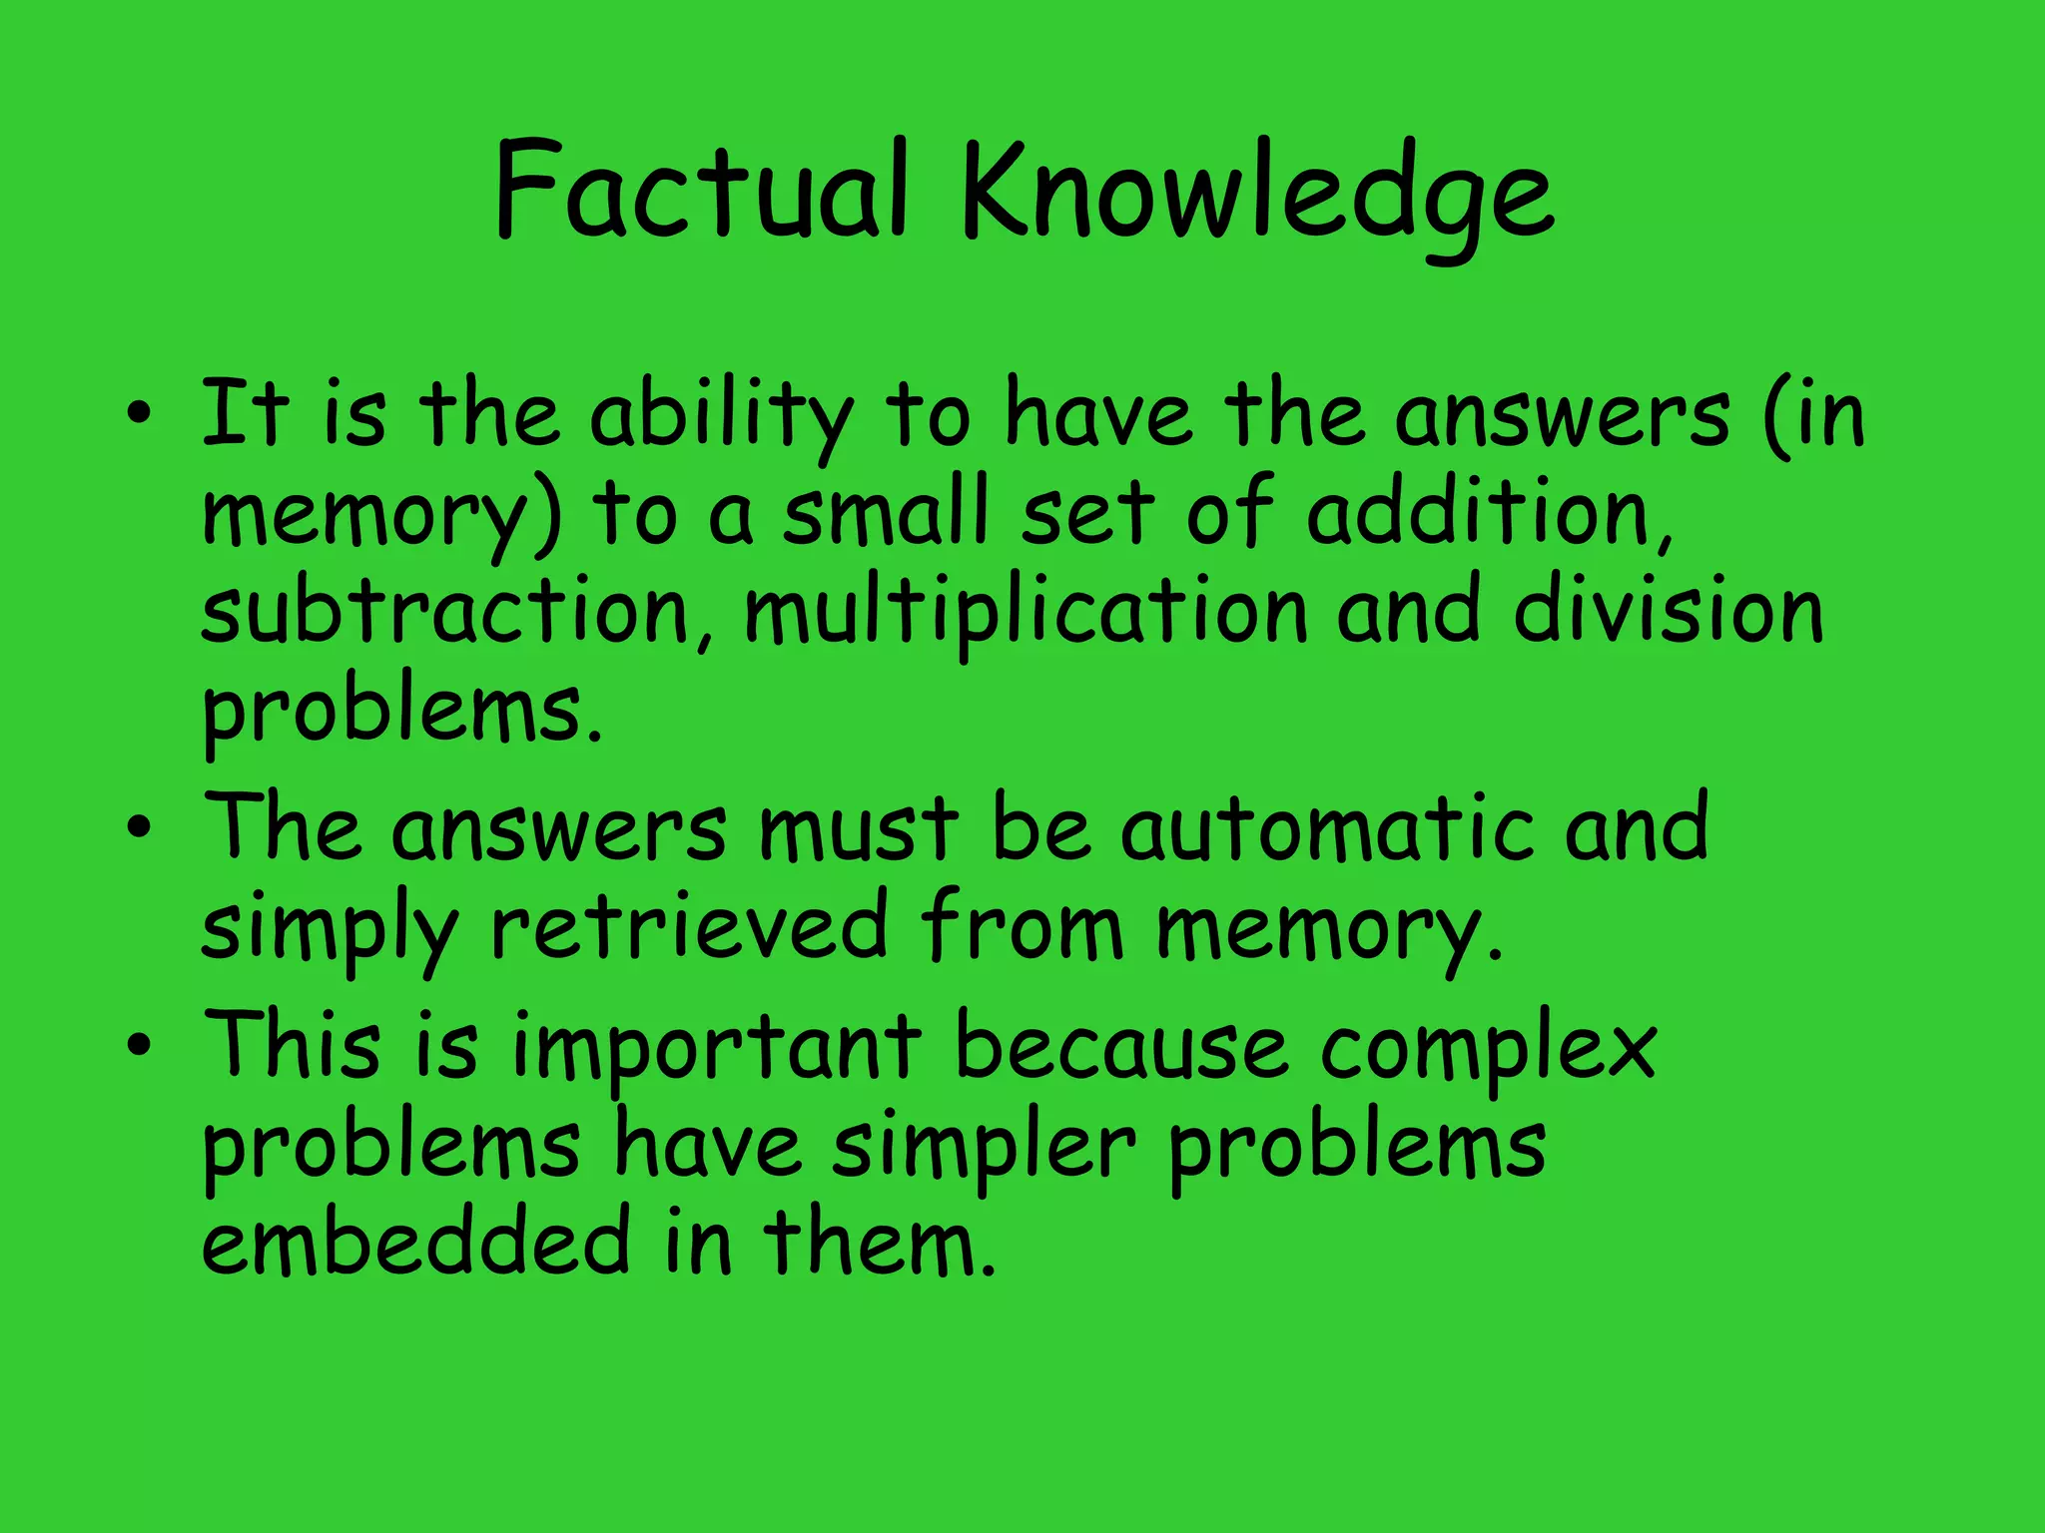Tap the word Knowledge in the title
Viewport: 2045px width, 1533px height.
(x=1256, y=195)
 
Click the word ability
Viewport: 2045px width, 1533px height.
(x=721, y=417)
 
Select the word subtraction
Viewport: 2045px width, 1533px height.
(x=445, y=611)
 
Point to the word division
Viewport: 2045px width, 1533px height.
(x=1668, y=611)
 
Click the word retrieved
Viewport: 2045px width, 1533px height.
(x=689, y=926)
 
